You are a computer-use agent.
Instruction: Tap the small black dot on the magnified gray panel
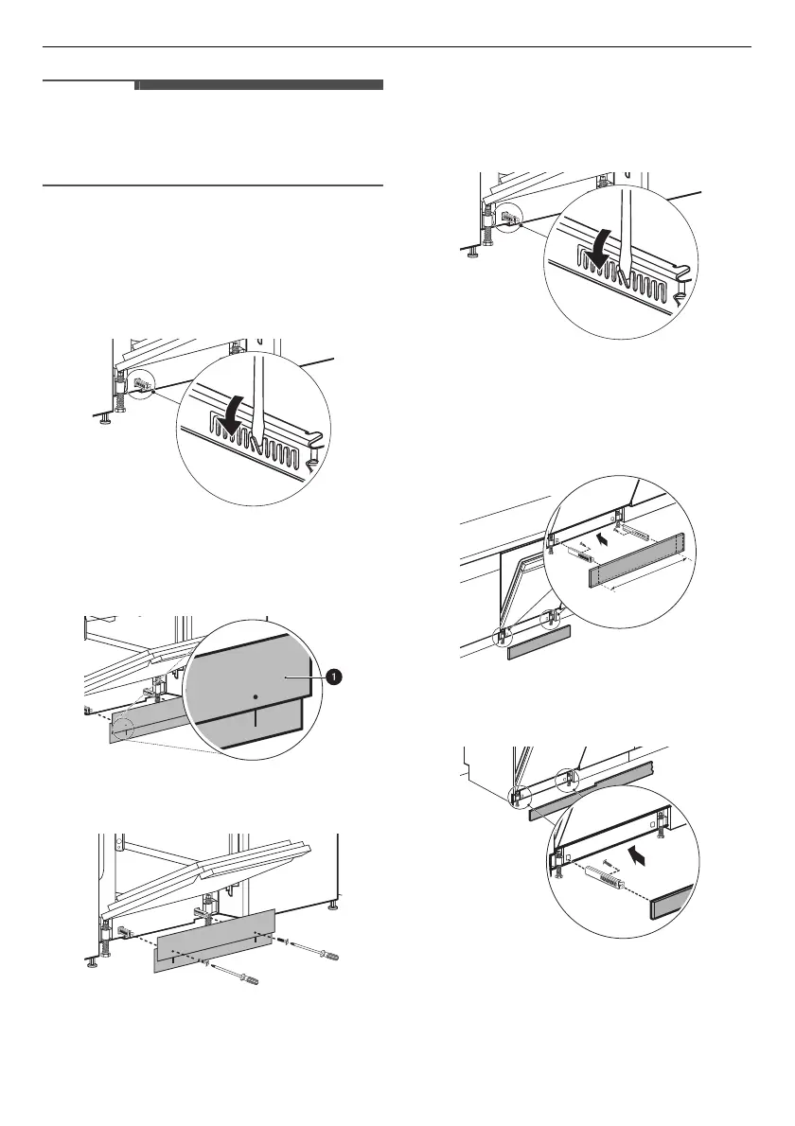(255, 695)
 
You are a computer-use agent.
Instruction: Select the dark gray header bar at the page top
(260, 85)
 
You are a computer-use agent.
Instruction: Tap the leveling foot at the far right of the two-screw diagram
(332, 906)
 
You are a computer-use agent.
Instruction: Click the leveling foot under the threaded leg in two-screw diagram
(93, 963)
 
